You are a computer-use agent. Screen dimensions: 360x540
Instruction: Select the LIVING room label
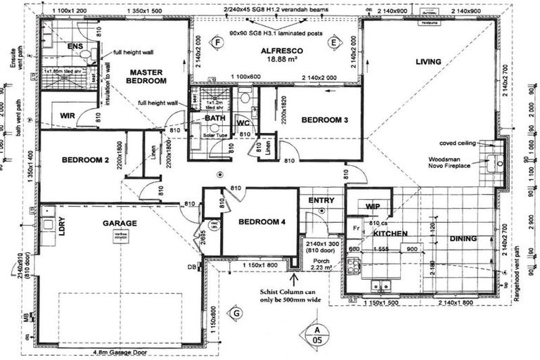[x=427, y=62]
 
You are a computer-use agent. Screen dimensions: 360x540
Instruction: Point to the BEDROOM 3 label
[x=324, y=120]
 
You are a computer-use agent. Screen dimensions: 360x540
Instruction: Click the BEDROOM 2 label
[x=85, y=160]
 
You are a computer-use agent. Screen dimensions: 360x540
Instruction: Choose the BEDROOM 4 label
[x=262, y=222]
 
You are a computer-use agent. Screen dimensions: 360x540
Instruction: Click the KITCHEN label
[x=391, y=233]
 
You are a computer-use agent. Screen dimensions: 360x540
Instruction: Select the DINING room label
[x=463, y=238]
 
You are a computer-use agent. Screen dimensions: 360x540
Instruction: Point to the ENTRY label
[x=321, y=200]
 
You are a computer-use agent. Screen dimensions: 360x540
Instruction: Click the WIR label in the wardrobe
[x=68, y=115]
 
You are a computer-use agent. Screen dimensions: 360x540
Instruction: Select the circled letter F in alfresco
[x=217, y=43]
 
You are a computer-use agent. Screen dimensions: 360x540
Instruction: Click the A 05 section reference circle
[x=317, y=335]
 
